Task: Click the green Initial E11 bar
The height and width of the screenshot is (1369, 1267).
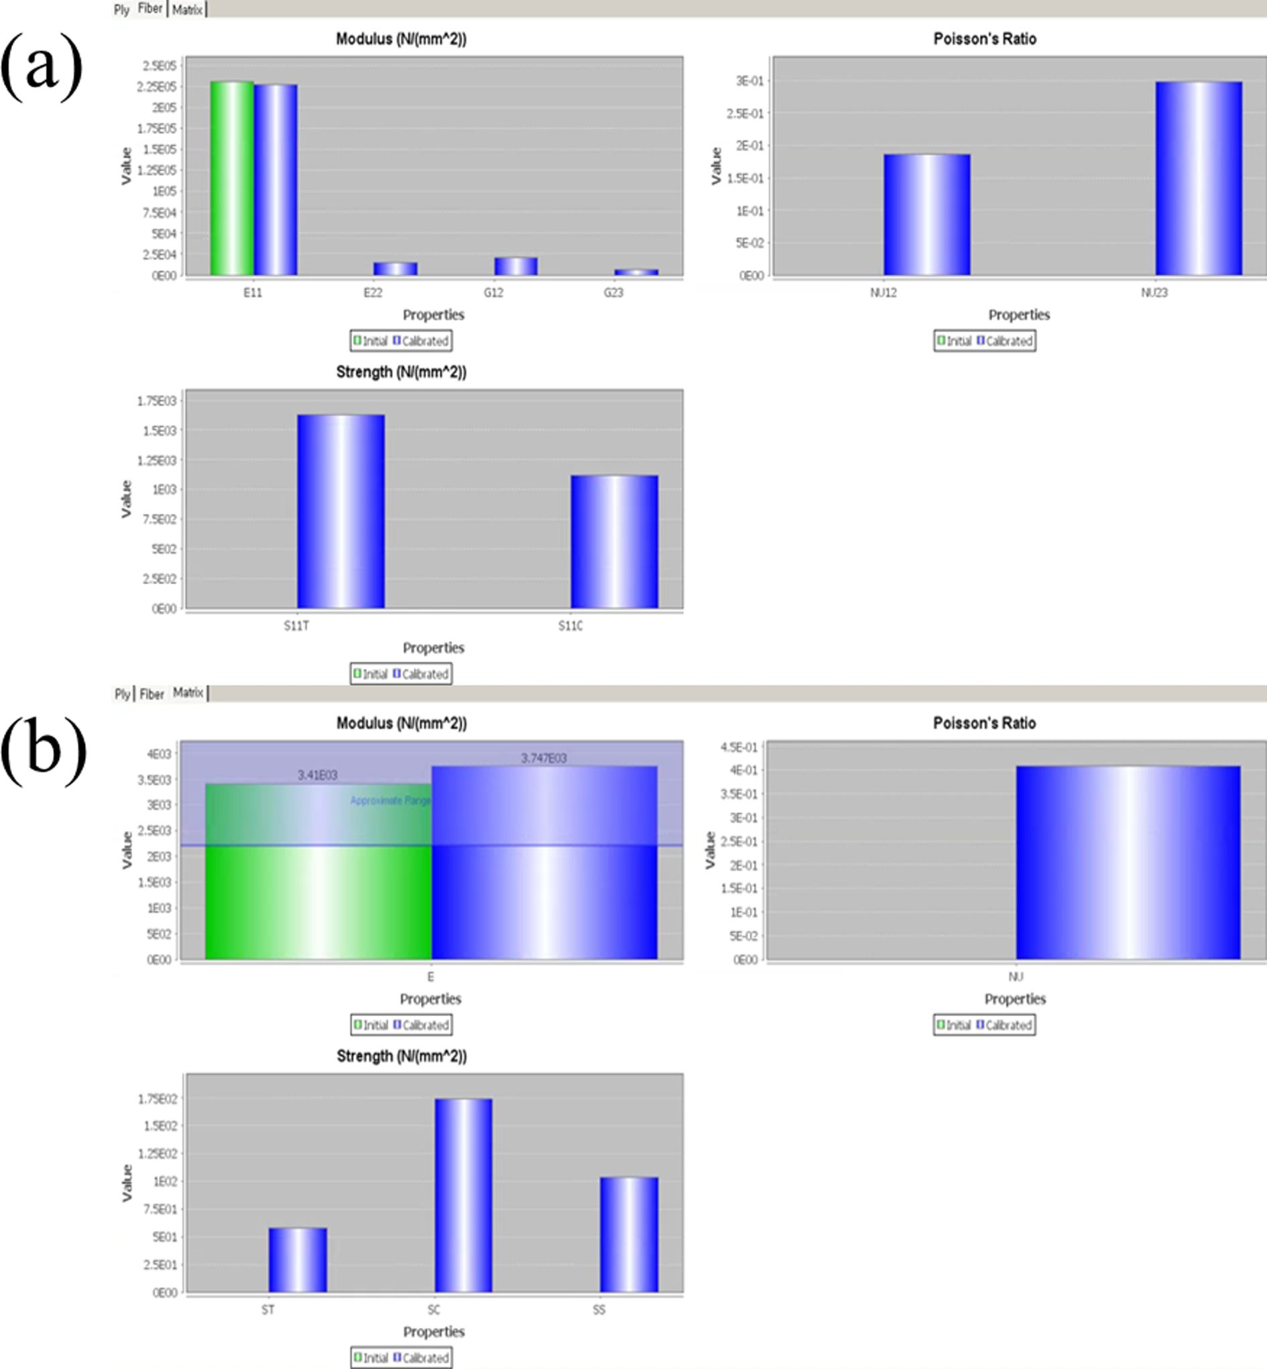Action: [x=232, y=178]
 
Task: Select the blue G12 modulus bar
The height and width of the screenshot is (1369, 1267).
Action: [x=516, y=266]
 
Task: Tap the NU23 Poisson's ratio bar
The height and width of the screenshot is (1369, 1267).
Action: [x=1199, y=178]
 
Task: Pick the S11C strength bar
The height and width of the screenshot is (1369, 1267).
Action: [x=614, y=542]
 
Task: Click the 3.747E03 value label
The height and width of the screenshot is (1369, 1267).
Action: [x=544, y=758]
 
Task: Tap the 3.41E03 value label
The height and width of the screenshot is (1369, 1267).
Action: [x=318, y=775]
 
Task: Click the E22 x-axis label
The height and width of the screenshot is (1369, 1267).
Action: [x=373, y=293]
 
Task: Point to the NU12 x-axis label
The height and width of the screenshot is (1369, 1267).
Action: [x=884, y=293]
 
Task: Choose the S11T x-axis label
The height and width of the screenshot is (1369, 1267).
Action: [x=296, y=626]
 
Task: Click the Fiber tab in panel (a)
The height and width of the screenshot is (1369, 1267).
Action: [x=150, y=9]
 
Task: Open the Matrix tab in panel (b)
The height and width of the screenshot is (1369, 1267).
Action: [x=188, y=693]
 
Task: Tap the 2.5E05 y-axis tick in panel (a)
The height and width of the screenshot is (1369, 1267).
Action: [x=159, y=66]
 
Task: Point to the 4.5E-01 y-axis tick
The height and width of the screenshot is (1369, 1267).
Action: [x=739, y=747]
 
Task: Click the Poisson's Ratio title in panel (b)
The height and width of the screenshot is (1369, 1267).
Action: [x=984, y=723]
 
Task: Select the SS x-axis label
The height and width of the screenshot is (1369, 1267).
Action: [x=599, y=1310]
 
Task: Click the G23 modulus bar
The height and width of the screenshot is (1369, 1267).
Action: [x=636, y=272]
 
